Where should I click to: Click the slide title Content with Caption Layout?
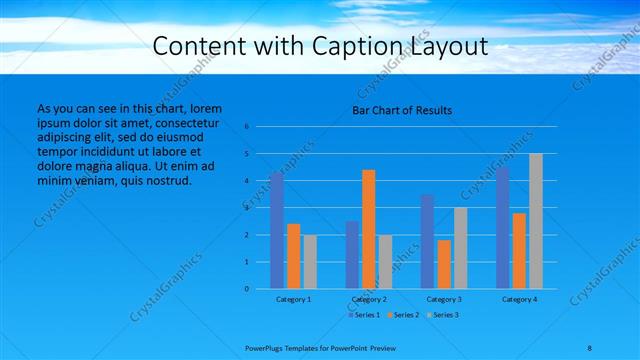tap(320, 46)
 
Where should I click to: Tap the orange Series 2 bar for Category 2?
tap(368, 229)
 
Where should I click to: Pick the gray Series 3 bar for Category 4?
tap(535, 221)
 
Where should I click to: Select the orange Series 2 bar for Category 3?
tap(444, 264)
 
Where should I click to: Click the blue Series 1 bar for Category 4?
tap(502, 227)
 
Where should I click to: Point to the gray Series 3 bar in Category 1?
tap(310, 261)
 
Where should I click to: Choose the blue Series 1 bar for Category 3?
tap(427, 241)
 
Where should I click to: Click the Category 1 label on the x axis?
tap(293, 299)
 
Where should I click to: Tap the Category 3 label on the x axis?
tap(443, 299)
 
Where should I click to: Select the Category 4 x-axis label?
tap(519, 299)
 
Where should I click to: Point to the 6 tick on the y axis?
tap(246, 127)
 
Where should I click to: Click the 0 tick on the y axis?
tap(246, 289)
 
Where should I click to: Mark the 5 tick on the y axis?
tap(246, 154)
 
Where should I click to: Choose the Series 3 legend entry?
tap(442, 315)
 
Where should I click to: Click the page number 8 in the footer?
tap(590, 345)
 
